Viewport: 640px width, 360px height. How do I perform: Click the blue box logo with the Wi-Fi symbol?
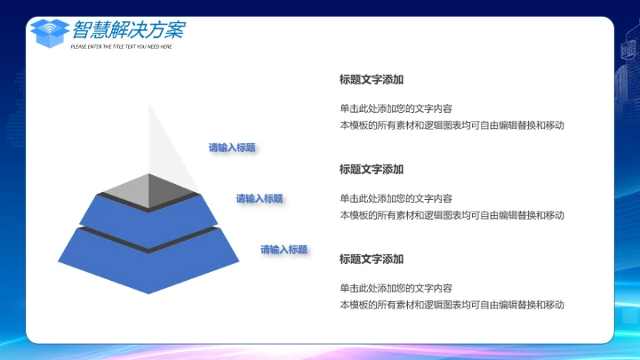pyautogui.click(x=50, y=31)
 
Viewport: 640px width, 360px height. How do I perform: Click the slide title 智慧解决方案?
pyautogui.click(x=129, y=29)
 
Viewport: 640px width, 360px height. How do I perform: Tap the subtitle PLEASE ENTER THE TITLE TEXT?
pyautogui.click(x=121, y=46)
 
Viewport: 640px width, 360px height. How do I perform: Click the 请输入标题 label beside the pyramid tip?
pyautogui.click(x=232, y=148)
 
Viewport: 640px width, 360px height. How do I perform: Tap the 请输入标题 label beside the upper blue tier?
pyautogui.click(x=260, y=198)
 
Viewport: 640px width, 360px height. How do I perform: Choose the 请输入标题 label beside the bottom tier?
pyautogui.click(x=284, y=250)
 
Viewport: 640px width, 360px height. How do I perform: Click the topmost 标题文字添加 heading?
pyautogui.click(x=372, y=80)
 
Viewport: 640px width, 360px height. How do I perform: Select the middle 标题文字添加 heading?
pyautogui.click(x=372, y=170)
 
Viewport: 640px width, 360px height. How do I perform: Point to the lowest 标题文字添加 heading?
pyautogui.click(x=372, y=260)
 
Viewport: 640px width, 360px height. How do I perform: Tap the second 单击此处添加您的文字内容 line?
pyautogui.click(x=396, y=199)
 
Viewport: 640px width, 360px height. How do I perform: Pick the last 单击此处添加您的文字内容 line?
pyautogui.click(x=396, y=289)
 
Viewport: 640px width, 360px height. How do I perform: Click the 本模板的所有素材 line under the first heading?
pyautogui.click(x=452, y=125)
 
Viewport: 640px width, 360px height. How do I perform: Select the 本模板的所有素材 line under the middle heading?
pyautogui.click(x=452, y=215)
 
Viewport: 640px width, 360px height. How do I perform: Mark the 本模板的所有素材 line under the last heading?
pyautogui.click(x=452, y=305)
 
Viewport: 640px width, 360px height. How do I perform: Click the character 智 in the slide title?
pyautogui.click(x=82, y=29)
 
